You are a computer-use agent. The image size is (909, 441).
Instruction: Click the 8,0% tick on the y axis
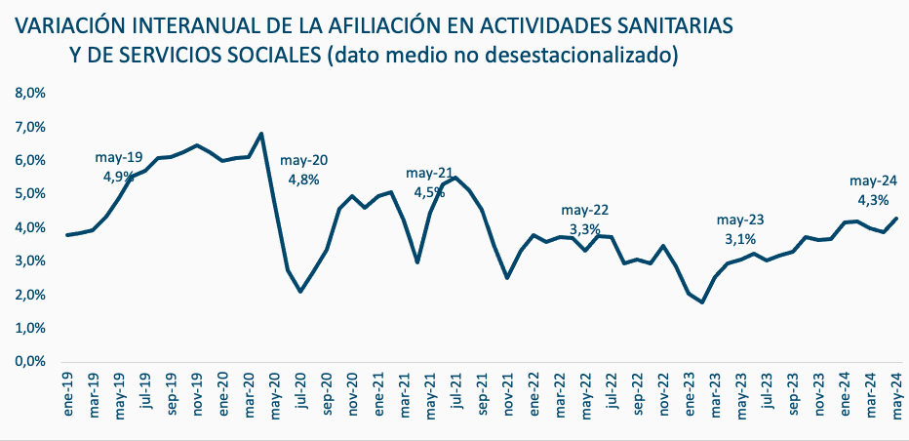pyautogui.click(x=29, y=94)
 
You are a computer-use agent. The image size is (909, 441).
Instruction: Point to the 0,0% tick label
pyautogui.click(x=29, y=362)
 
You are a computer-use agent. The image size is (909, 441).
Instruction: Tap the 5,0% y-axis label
pyautogui.click(x=29, y=194)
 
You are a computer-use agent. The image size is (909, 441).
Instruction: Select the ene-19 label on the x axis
pyautogui.click(x=68, y=396)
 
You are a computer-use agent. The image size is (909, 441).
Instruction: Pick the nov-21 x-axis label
pyautogui.click(x=508, y=396)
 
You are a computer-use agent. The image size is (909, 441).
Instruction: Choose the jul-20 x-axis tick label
pyautogui.click(x=301, y=394)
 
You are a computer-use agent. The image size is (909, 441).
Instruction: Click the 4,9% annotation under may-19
pyautogui.click(x=119, y=177)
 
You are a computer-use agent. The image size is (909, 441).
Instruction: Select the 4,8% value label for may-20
pyautogui.click(x=303, y=180)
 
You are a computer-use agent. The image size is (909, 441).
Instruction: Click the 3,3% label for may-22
pyautogui.click(x=585, y=230)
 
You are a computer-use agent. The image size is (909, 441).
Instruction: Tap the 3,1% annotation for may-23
pyautogui.click(x=740, y=238)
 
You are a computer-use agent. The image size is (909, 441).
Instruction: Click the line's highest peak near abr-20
pyautogui.click(x=261, y=134)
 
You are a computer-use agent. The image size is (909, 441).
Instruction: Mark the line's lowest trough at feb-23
pyautogui.click(x=702, y=302)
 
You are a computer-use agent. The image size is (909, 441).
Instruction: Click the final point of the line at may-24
pyautogui.click(x=896, y=218)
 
